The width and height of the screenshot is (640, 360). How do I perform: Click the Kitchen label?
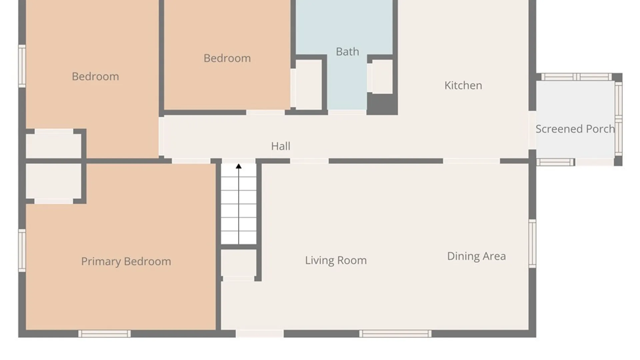463,85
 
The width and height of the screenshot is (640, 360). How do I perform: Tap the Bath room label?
347,52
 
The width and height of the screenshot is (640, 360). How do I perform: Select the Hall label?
280,146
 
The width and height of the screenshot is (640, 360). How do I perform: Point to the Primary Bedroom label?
126,261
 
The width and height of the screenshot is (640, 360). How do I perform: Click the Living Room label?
336,260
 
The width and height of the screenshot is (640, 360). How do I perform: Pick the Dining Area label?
476,256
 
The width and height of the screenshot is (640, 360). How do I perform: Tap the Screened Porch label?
575,129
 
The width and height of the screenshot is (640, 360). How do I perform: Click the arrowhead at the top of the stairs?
239,166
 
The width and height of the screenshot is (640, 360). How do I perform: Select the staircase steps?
239,204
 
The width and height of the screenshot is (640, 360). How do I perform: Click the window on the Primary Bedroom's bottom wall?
104,334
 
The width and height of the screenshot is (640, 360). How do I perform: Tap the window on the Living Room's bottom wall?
395,334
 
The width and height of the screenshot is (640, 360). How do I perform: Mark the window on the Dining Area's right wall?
532,243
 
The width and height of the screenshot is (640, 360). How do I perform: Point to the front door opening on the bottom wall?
260,334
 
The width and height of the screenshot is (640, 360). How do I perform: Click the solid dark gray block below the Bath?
382,104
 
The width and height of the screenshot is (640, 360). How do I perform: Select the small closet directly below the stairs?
239,263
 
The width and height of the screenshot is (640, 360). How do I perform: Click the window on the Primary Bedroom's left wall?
22,250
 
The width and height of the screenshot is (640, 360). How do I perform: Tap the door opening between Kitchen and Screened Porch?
532,130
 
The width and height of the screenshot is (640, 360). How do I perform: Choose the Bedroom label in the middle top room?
227,58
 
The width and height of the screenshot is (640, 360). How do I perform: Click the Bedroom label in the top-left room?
95,77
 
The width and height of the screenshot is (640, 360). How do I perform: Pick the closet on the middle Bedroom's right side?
308,85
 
